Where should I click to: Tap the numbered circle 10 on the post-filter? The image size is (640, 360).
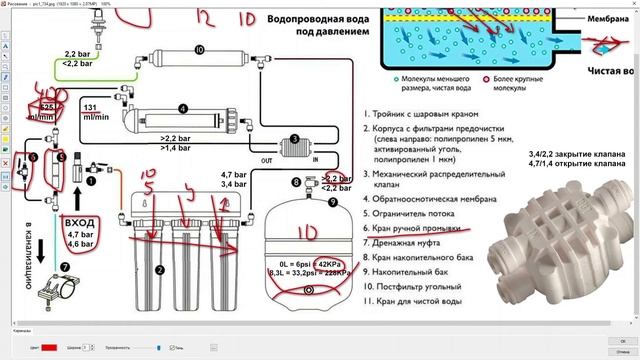click(199, 49)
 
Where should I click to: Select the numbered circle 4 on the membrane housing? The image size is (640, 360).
click(183, 108)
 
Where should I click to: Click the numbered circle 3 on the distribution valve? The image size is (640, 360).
click(294, 140)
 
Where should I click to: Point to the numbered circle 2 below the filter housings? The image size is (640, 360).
click(159, 268)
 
